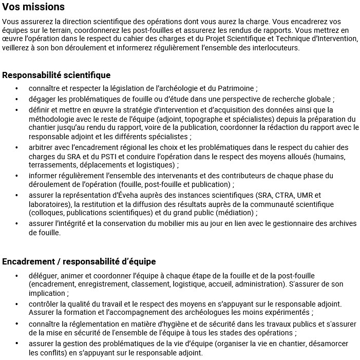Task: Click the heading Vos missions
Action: (x=33, y=7)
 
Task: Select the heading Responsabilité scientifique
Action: (x=56, y=75)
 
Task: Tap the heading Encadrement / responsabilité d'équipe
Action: (x=79, y=261)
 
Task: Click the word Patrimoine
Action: (x=233, y=88)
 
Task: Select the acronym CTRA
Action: (x=285, y=195)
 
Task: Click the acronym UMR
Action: (x=306, y=195)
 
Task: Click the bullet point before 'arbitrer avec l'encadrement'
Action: (x=17, y=148)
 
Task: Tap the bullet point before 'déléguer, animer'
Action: (x=17, y=275)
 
